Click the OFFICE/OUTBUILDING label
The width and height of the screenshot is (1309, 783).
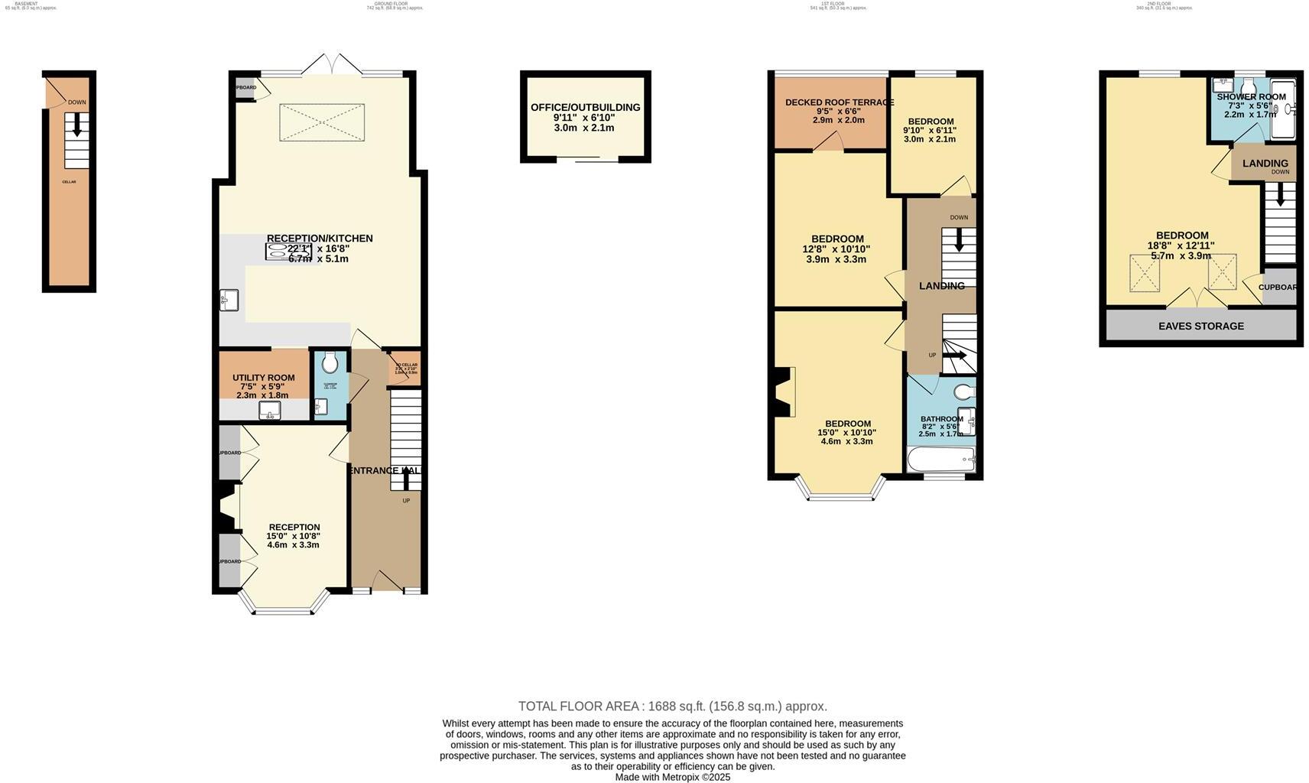(x=585, y=107)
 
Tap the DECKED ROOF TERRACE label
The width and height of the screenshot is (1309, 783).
(x=839, y=102)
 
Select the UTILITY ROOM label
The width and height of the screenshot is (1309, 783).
(x=263, y=378)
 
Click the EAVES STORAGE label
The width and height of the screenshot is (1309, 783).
(x=1200, y=326)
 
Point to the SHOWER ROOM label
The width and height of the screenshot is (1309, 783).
(x=1251, y=97)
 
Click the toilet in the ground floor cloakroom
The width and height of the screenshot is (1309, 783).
(x=330, y=362)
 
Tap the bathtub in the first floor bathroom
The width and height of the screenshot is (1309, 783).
(x=940, y=460)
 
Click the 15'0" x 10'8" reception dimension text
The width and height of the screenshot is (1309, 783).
(x=294, y=536)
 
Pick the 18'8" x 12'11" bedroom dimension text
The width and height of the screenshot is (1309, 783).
(x=1181, y=245)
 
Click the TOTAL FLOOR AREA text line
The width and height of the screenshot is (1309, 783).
(x=672, y=706)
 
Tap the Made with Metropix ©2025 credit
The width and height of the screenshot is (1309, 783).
(x=672, y=777)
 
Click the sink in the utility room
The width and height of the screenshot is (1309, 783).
(x=270, y=412)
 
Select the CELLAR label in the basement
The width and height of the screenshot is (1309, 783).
(x=69, y=182)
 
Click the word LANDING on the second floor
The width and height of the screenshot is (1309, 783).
(x=1265, y=164)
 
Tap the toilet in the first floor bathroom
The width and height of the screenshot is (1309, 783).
(x=963, y=392)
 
